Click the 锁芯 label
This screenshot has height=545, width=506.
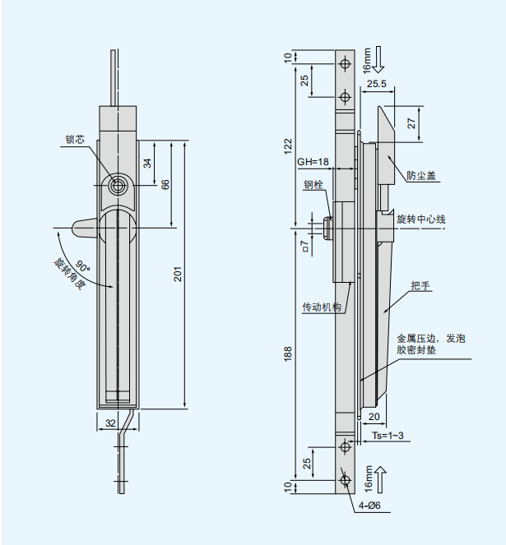tap(75, 140)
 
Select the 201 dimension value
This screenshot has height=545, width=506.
tap(177, 274)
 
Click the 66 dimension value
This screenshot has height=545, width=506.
tap(165, 184)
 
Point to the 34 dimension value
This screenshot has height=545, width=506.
tap(147, 163)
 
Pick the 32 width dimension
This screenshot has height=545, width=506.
tap(111, 423)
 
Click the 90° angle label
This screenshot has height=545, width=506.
tap(82, 265)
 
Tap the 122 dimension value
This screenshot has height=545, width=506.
tap(288, 145)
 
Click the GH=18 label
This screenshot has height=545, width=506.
tap(313, 162)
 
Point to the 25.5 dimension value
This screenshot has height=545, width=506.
tap(378, 84)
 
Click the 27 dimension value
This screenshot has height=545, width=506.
tap(411, 123)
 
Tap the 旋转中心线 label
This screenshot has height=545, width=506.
tap(420, 219)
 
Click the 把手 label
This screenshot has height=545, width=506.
tap(420, 285)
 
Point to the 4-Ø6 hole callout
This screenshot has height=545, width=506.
tap(369, 506)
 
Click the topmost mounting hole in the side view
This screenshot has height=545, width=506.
tap(346, 63)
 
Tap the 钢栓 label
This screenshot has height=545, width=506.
tap(313, 184)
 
